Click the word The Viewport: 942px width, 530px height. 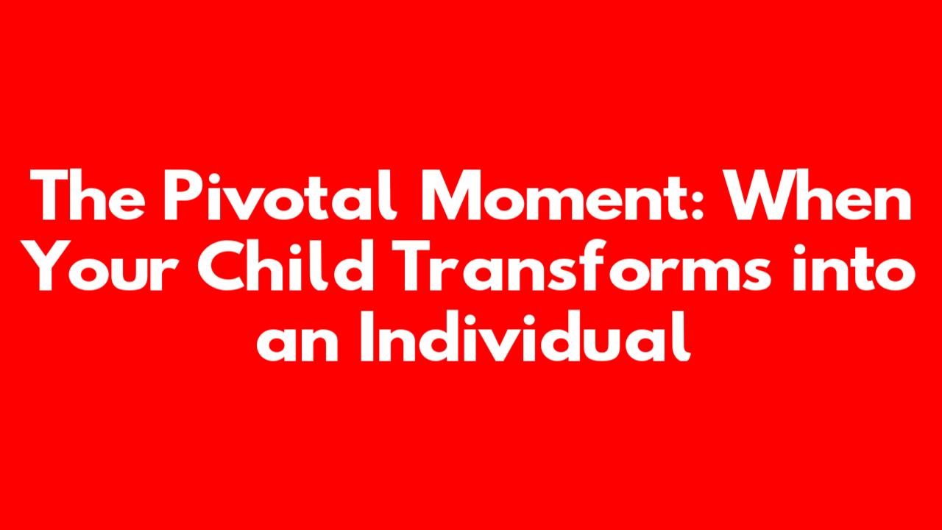88,195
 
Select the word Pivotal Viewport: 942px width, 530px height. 280,195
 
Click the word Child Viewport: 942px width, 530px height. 286,266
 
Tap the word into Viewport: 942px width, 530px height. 854,266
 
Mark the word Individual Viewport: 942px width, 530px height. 525,336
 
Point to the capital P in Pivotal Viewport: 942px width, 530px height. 183,195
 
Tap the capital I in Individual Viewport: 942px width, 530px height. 366,336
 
